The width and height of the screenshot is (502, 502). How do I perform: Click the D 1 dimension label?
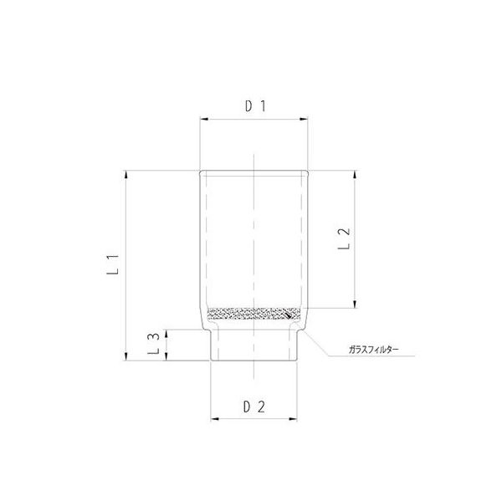(x=254, y=106)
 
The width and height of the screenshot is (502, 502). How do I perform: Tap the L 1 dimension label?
(x=119, y=265)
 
